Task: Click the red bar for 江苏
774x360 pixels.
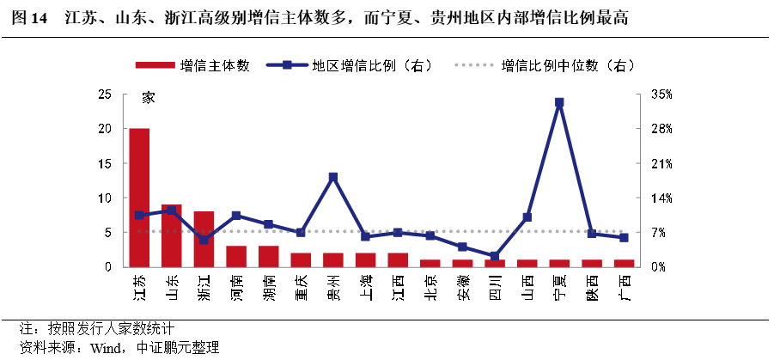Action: click(139, 198)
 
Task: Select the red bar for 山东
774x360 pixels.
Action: click(172, 235)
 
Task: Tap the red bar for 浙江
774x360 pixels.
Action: click(204, 239)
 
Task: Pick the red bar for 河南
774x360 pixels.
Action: click(236, 256)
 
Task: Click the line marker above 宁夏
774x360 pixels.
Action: click(559, 102)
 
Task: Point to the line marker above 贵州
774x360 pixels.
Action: click(333, 177)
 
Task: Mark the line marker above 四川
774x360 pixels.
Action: click(495, 256)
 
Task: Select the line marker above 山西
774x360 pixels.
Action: click(527, 217)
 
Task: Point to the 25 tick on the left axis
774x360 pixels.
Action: click(104, 95)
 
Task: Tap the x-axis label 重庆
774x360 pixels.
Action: click(300, 285)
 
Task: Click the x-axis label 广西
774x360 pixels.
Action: click(625, 285)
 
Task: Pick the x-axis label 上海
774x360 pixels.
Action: click(365, 285)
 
